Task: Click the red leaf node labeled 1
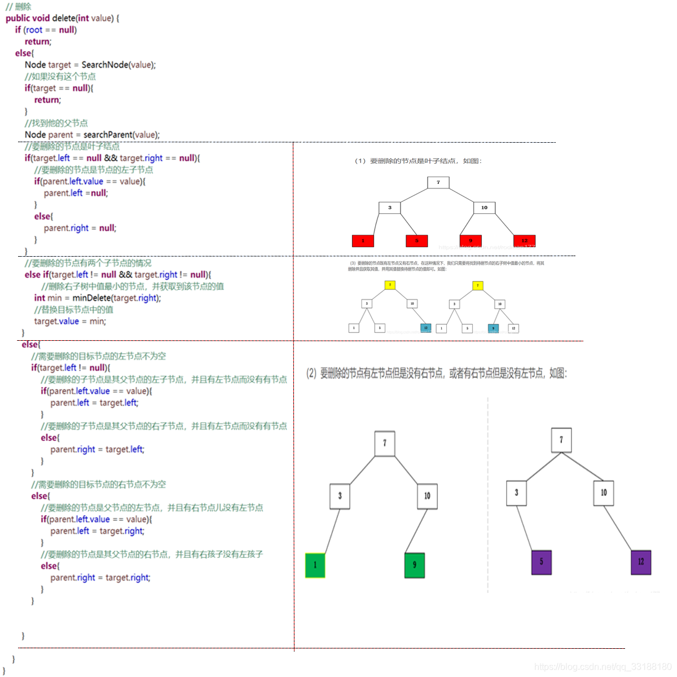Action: click(x=363, y=241)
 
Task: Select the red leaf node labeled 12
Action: click(x=524, y=241)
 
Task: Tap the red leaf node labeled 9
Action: click(x=471, y=241)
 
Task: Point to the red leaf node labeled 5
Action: click(x=417, y=241)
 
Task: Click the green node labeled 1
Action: click(x=315, y=565)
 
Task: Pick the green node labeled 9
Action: click(x=414, y=565)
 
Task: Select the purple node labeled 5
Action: click(x=541, y=562)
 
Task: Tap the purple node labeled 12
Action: click(x=641, y=562)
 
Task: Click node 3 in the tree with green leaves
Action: click(x=340, y=496)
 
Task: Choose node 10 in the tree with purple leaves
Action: click(x=604, y=493)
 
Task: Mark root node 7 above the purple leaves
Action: click(x=561, y=440)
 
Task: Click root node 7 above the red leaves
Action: click(x=438, y=182)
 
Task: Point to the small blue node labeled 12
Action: click(x=426, y=328)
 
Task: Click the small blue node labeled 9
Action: click(x=493, y=328)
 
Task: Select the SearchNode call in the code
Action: click(x=105, y=65)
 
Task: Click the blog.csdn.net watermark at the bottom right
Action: click(x=603, y=667)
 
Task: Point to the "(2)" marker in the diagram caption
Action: click(x=311, y=373)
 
